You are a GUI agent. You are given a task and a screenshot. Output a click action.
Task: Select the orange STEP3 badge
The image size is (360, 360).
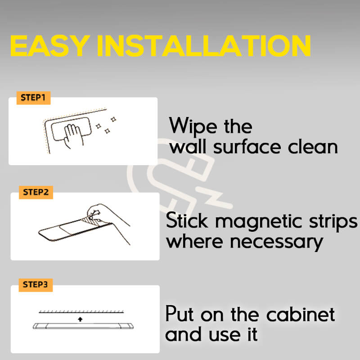click(35, 285)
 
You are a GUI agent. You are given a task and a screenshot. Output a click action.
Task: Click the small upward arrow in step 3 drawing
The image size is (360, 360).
click(80, 318)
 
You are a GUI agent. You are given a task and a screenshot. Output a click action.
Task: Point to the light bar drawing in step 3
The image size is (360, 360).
click(83, 326)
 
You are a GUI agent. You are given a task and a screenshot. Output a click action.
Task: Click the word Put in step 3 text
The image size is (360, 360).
click(180, 315)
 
